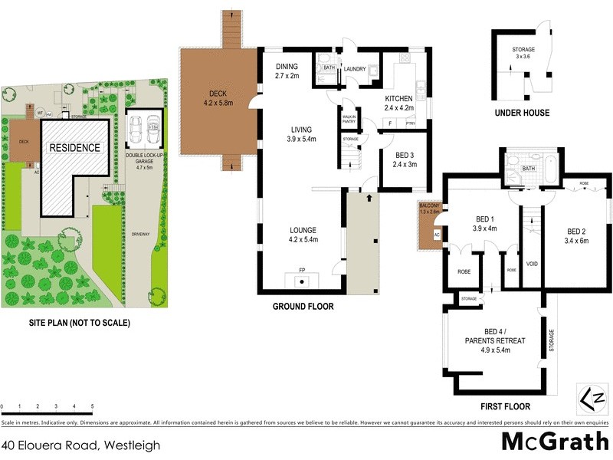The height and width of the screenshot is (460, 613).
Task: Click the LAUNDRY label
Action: point(354,69)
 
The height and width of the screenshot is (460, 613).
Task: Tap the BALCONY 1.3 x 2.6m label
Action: point(430,209)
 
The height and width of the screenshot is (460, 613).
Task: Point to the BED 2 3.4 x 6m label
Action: point(577,235)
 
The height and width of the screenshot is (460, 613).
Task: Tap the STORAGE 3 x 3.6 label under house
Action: point(523,53)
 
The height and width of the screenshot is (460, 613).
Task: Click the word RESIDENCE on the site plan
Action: point(74,147)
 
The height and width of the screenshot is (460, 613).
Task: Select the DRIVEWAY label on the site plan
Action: point(139,234)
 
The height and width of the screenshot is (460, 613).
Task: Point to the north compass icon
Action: point(592,399)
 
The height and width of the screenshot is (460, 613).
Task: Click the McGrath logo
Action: point(551,442)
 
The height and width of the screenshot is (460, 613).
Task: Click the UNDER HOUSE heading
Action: point(521,113)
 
